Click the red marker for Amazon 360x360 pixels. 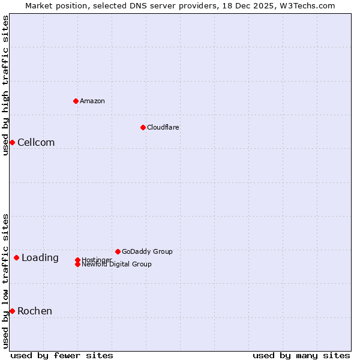pyautogui.click(x=76, y=101)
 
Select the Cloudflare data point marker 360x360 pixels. pyautogui.click(x=143, y=127)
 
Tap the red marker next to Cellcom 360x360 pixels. pyautogui.click(x=12, y=142)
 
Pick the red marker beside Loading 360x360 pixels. pyautogui.click(x=16, y=257)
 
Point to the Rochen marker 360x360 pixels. pyautogui.click(x=12, y=311)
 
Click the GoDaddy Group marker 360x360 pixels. pyautogui.click(x=118, y=251)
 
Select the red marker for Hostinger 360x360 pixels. pyautogui.click(x=77, y=260)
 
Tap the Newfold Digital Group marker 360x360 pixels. pyautogui.click(x=77, y=264)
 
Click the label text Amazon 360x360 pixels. pyautogui.click(x=92, y=101)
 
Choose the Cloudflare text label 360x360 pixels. pyautogui.click(x=163, y=127)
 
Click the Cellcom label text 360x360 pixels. pyautogui.click(x=36, y=142)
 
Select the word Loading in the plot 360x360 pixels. pyautogui.click(x=40, y=257)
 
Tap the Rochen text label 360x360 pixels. pyautogui.click(x=35, y=311)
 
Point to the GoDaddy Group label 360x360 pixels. pyautogui.click(x=147, y=251)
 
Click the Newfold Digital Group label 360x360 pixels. pyautogui.click(x=117, y=265)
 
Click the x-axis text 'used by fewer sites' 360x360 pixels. pyautogui.click(x=62, y=355)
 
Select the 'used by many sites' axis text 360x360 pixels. pyautogui.click(x=301, y=355)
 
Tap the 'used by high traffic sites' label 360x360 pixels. pyautogui.click(x=5, y=85)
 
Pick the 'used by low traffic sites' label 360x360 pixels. pyautogui.click(x=5, y=280)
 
